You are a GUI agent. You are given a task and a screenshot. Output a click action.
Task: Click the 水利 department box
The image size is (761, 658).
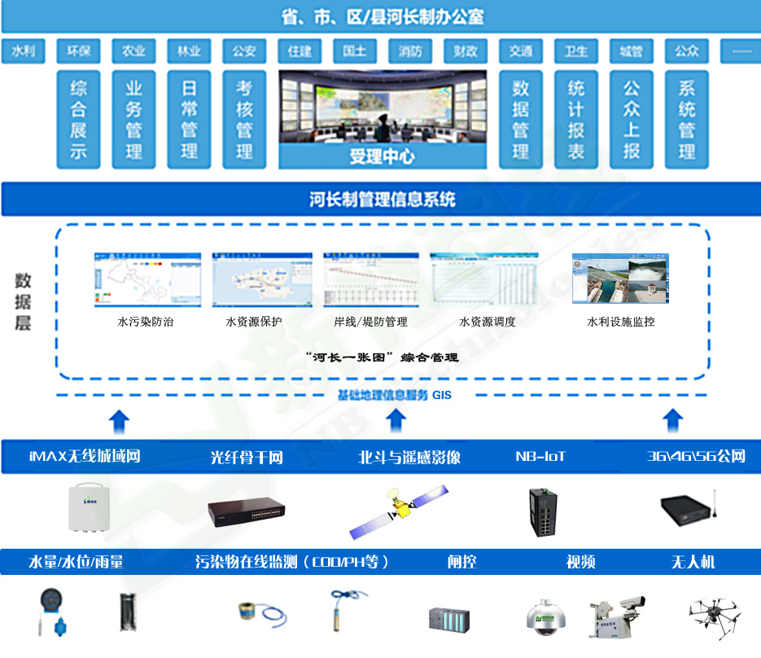point(23,51)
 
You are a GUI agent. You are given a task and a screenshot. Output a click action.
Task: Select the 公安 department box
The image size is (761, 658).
point(244,51)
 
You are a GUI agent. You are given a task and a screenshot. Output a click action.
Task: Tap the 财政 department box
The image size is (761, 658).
point(466,51)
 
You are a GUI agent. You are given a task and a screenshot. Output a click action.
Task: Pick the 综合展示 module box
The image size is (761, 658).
point(78,120)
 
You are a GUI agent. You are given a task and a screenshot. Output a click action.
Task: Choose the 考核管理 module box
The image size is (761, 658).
point(244,120)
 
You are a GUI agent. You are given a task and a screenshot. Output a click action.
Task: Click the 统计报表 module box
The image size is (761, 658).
point(576,120)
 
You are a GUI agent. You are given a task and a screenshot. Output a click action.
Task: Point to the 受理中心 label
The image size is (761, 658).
point(382,156)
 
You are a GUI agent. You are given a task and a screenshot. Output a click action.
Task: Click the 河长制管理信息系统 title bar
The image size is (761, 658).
point(382,200)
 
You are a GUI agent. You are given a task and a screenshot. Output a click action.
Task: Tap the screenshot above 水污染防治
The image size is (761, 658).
point(147,279)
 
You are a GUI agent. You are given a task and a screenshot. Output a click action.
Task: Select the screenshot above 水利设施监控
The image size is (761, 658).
point(620,279)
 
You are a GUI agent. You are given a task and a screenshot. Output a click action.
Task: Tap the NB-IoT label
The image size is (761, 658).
point(541,456)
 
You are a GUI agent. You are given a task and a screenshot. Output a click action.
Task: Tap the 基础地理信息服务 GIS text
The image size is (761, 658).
point(394,395)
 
